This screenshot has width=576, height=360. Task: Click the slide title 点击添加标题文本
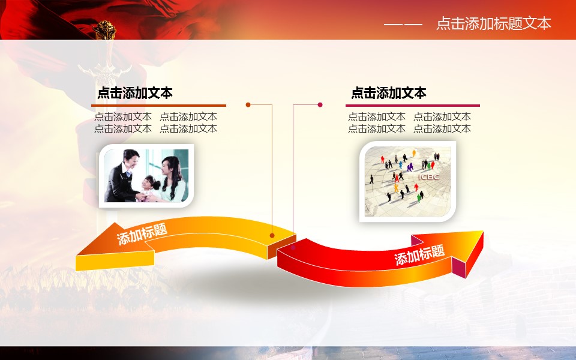[493, 23]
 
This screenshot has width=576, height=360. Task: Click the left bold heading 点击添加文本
[135, 93]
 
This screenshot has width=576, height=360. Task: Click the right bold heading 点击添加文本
[389, 93]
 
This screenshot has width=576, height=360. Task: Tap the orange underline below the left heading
[158, 106]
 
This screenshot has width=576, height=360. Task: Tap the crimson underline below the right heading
[413, 106]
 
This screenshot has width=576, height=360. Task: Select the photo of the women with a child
[146, 176]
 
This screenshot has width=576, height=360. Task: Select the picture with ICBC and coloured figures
[407, 181]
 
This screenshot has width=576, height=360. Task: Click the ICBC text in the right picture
[428, 177]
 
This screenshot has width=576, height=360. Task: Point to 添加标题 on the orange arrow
[142, 233]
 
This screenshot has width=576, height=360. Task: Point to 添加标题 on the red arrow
[419, 254]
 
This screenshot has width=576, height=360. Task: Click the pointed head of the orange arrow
[78, 254]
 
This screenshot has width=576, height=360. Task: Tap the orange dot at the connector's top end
[248, 104]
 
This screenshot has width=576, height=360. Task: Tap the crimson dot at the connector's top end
[320, 104]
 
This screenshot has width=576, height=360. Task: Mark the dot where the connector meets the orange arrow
[272, 235]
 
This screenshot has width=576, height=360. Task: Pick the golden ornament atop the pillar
[104, 30]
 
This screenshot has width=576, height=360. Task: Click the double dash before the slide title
[403, 25]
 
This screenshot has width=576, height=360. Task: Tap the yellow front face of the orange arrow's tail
[115, 261]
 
